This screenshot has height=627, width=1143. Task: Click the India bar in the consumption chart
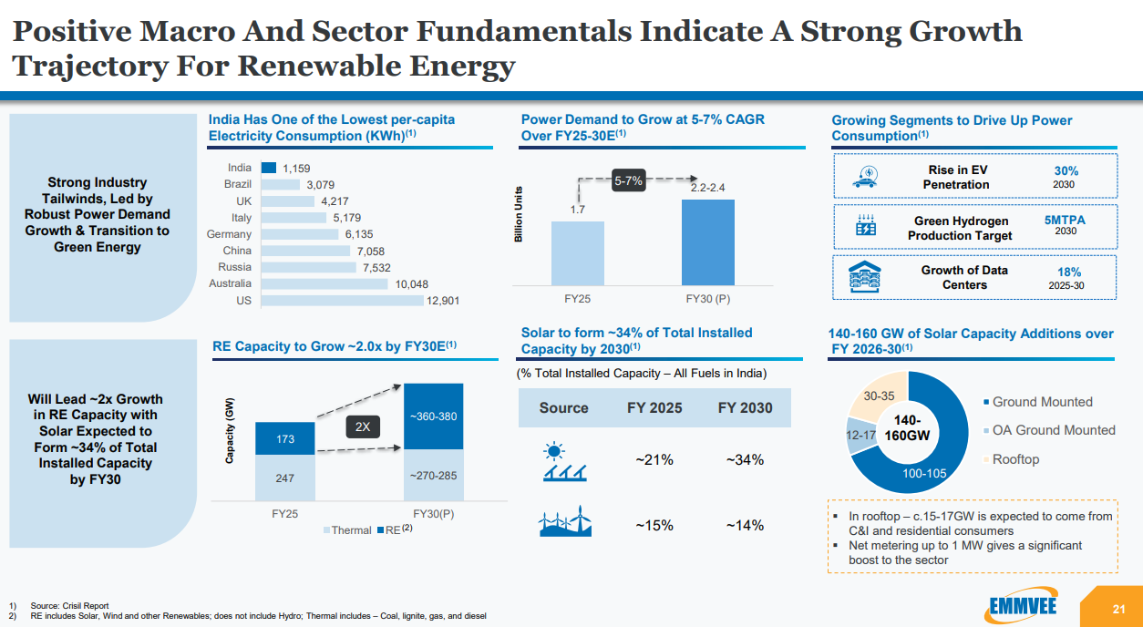(269, 168)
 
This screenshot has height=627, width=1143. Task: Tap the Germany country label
(229, 234)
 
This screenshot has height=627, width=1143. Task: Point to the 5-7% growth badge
(628, 181)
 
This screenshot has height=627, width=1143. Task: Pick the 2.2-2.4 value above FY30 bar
(707, 188)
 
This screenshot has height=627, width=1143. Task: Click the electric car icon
(863, 177)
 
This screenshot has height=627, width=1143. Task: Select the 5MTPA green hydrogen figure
(1065, 220)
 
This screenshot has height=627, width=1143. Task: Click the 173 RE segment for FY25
(285, 439)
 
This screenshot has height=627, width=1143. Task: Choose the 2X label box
(362, 427)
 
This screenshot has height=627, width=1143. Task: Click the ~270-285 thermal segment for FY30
(433, 475)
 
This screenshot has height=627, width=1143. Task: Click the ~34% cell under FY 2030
(745, 460)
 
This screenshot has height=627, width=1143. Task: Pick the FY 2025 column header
(654, 407)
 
